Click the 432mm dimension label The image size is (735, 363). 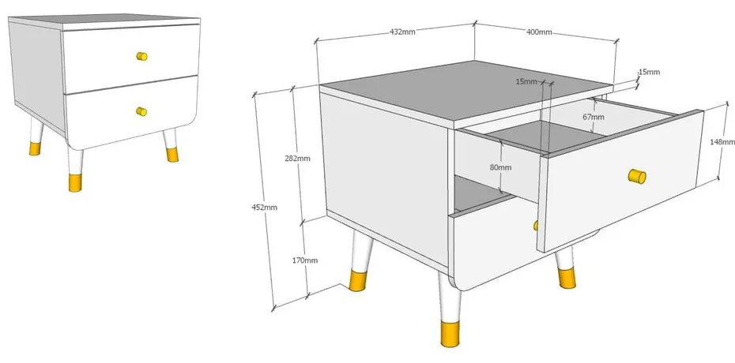(402, 32)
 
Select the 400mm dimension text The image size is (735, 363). (539, 32)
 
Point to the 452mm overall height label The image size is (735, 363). (265, 208)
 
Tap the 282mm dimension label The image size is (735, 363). (298, 158)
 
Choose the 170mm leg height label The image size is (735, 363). (305, 260)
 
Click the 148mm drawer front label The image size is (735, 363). (723, 142)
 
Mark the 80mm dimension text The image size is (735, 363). (500, 167)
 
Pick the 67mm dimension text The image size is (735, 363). (594, 117)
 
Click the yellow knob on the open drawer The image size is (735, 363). (637, 176)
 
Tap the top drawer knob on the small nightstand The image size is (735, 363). (141, 56)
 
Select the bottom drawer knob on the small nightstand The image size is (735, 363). (141, 111)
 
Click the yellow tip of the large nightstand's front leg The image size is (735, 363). (450, 335)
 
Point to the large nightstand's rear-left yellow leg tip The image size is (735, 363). (357, 281)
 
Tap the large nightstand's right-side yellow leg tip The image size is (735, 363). (566, 278)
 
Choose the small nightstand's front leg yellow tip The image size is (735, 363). (75, 182)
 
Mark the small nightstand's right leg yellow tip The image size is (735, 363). (172, 155)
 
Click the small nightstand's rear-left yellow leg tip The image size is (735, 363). (35, 149)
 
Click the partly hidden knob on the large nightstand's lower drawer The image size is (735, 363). (535, 226)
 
